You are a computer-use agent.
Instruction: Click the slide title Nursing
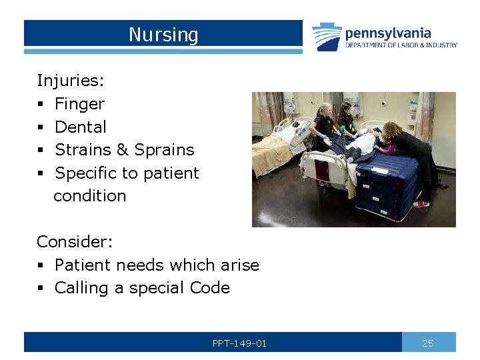pos(163,34)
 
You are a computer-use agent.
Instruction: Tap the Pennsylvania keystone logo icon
pos(327,37)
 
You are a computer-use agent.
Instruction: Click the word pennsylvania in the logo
pos(387,33)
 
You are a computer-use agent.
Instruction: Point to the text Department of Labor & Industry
pos(401,45)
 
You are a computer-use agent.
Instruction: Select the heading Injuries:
pos(70,81)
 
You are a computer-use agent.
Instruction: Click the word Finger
pos(79,104)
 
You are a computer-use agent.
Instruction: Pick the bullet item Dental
pos(80,127)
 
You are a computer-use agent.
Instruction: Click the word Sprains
pos(164,150)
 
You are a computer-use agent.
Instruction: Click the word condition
pos(89,196)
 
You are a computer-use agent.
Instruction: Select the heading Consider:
pos(75,241)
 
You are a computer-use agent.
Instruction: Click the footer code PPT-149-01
pos(239,343)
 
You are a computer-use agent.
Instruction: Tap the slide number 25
pos(428,343)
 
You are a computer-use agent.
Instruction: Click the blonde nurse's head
pos(325,110)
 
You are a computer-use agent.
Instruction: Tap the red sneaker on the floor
pos(420,203)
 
